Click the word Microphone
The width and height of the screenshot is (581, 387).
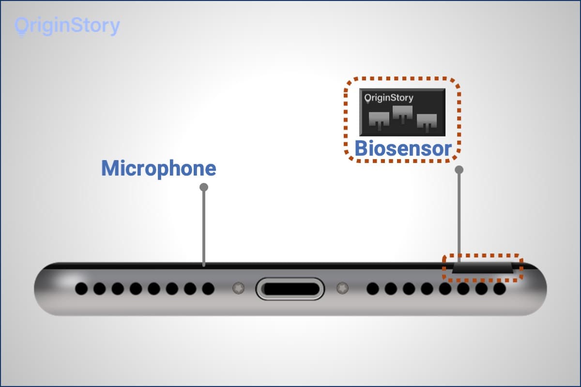point(158,168)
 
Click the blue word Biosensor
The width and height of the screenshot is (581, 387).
point(403,149)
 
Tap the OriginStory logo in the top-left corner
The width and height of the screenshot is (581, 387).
point(67,26)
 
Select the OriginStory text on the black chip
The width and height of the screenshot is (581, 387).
point(389,98)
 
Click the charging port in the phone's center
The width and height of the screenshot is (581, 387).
point(290,289)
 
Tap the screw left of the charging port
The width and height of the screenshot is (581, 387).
point(237,288)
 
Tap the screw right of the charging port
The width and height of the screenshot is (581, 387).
point(343,288)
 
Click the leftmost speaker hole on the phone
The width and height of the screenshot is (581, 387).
point(81,289)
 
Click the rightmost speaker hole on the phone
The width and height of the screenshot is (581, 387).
point(499,289)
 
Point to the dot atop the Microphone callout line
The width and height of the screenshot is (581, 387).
point(204,187)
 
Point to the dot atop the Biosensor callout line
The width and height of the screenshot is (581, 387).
point(459,170)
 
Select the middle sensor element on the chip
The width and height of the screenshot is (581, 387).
point(402,113)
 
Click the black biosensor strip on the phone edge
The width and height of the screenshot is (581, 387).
point(482,268)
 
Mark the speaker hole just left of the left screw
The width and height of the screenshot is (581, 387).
point(208,289)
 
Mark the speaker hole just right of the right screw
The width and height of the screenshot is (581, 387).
point(372,289)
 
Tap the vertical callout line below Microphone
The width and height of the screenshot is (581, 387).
point(204,227)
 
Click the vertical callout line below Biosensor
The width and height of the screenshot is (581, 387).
point(459,213)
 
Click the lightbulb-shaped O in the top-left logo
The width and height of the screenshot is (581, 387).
point(21,27)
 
